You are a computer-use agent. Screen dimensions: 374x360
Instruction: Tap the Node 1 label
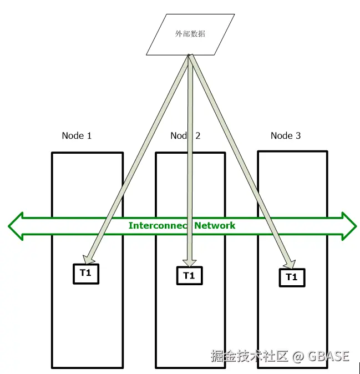click(77, 136)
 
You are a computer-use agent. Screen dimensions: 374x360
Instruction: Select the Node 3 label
click(285, 136)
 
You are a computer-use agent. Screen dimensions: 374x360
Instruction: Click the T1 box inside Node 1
click(86, 273)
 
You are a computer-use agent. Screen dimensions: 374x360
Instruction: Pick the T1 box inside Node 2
click(189, 275)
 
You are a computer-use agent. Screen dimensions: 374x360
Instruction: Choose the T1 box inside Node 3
click(291, 277)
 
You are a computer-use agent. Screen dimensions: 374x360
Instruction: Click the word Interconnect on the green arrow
click(159, 226)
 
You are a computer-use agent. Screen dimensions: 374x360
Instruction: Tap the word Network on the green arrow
click(215, 226)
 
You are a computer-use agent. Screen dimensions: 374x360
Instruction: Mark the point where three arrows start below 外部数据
click(190, 55)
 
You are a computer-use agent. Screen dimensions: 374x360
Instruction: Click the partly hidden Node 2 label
click(185, 136)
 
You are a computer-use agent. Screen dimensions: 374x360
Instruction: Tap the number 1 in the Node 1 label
click(89, 136)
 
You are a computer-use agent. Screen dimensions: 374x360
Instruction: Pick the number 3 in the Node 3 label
click(298, 136)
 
